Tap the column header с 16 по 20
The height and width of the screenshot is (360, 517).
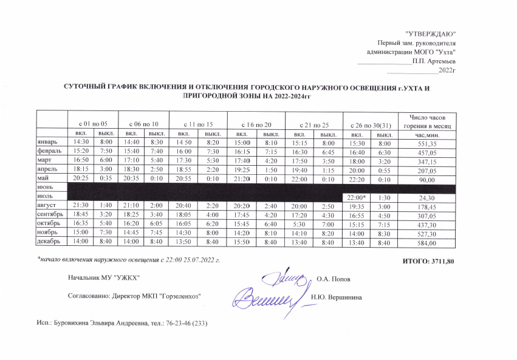(x=255, y=123)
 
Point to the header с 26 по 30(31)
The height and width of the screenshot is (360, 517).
(x=371, y=123)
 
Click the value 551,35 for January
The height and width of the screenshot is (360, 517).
(x=426, y=141)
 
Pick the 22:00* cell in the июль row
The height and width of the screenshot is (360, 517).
(x=356, y=197)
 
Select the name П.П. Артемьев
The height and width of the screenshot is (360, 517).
(x=433, y=61)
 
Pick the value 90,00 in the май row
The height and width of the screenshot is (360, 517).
(x=426, y=178)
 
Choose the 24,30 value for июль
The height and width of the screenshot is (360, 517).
(x=426, y=197)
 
